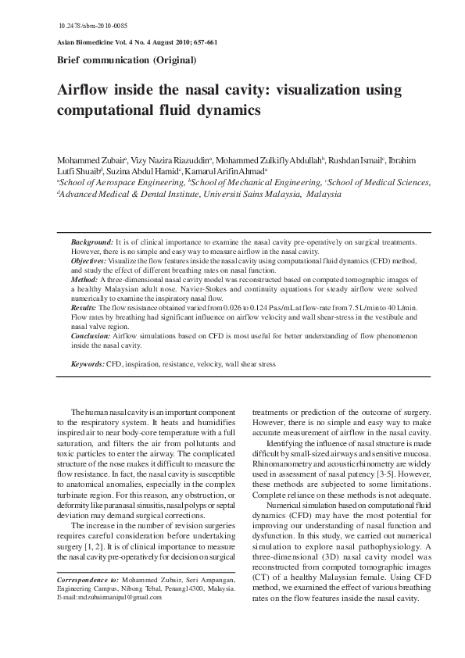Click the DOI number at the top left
88,27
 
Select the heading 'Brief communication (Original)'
127,60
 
